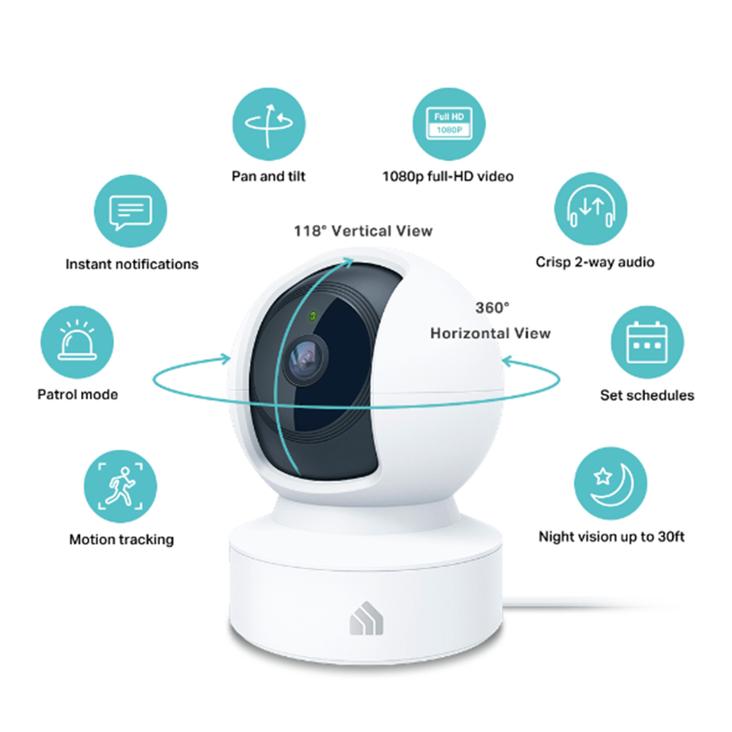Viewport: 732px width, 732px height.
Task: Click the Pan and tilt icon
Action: click(x=269, y=124)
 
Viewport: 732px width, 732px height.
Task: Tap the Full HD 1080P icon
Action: click(x=449, y=124)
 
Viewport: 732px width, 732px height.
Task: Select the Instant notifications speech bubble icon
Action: click(x=130, y=211)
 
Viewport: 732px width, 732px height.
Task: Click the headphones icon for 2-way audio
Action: click(x=591, y=209)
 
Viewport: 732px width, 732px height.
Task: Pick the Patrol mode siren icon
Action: click(x=77, y=342)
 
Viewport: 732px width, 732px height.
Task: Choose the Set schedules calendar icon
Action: click(x=647, y=342)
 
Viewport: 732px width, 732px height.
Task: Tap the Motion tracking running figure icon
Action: click(x=120, y=486)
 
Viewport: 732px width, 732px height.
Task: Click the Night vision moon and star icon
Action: click(x=610, y=484)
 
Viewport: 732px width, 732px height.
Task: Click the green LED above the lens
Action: click(x=313, y=316)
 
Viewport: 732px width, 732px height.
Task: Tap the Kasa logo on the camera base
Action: click(x=366, y=618)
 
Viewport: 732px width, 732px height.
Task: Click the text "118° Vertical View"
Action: click(x=363, y=231)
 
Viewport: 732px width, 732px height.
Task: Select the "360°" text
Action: click(x=492, y=308)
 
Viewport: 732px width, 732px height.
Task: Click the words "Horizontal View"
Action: click(x=490, y=333)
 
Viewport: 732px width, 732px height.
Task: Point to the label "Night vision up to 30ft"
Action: click(x=612, y=537)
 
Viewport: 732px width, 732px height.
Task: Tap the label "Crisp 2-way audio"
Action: click(x=595, y=262)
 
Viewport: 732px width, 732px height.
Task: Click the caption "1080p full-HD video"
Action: click(x=448, y=177)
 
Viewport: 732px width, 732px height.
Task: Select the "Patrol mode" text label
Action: click(x=78, y=394)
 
